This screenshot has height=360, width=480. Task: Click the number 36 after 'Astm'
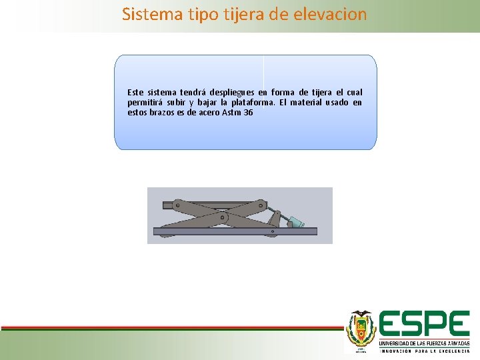click(x=248, y=113)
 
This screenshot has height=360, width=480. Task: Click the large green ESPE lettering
click(x=424, y=325)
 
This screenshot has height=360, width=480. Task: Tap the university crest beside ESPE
click(x=361, y=329)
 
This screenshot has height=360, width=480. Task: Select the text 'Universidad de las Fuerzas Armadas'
click(x=424, y=343)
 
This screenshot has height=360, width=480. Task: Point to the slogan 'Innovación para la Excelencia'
click(x=424, y=351)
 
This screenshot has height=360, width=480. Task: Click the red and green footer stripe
click(x=167, y=328)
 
